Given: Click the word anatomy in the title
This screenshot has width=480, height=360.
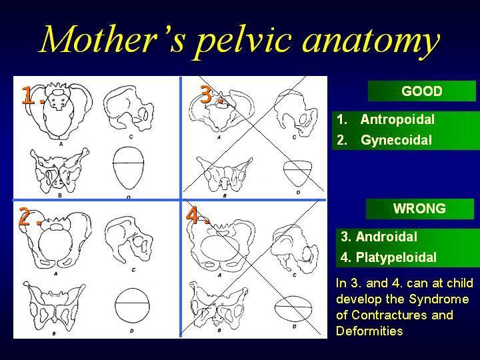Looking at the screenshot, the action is click(x=371, y=42).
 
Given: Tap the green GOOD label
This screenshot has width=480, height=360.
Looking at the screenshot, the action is click(x=422, y=91).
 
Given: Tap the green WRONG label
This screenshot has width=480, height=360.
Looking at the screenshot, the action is click(x=420, y=209).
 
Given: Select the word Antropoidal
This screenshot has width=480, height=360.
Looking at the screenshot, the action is click(x=397, y=119).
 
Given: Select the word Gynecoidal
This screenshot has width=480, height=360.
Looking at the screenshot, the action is click(x=396, y=140).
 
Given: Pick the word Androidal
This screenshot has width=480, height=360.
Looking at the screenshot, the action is click(x=386, y=237).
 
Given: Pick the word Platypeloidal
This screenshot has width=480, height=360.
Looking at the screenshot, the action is click(x=396, y=257).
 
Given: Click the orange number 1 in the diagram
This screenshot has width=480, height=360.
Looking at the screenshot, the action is click(x=28, y=95).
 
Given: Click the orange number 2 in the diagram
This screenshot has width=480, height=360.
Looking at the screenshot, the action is click(x=25, y=216).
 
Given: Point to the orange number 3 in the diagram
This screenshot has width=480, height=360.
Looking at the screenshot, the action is click(x=206, y=94).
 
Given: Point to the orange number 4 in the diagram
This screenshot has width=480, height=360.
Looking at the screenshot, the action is click(x=193, y=215).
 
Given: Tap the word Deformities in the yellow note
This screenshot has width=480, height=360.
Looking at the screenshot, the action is click(x=369, y=331).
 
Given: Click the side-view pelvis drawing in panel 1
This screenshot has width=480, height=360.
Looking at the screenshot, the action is click(x=129, y=109).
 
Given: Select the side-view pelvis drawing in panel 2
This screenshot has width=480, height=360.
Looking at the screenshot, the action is click(x=129, y=239).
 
